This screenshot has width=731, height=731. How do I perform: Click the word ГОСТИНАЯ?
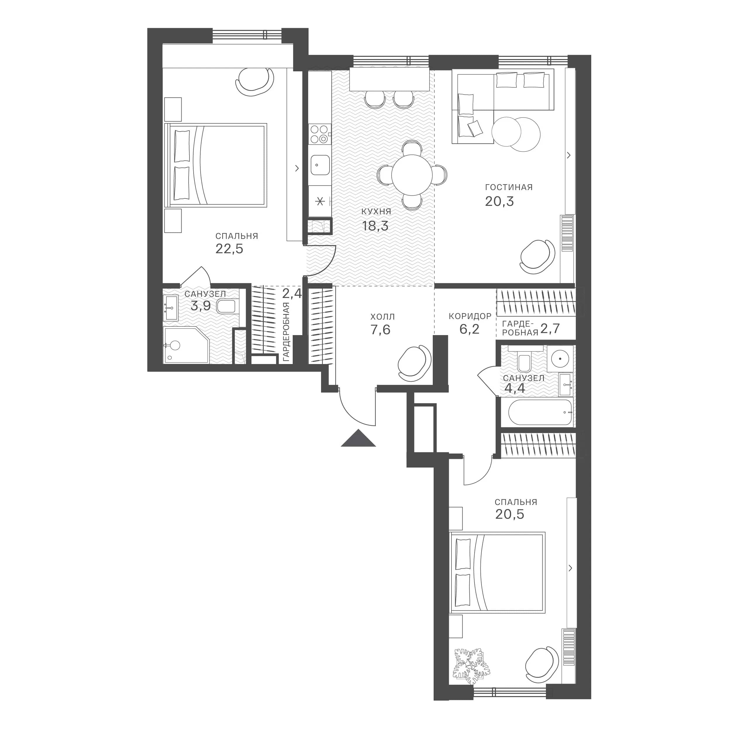tap(509, 187)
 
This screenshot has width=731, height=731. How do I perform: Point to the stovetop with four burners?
tap(320, 134)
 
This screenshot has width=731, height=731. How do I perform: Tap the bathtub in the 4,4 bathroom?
tap(540, 412)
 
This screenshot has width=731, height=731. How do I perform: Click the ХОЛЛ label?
tap(382, 316)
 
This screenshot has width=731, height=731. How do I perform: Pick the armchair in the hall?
tap(415, 363)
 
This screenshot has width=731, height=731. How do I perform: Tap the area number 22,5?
tap(229, 249)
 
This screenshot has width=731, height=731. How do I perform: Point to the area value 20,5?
tap(510, 514)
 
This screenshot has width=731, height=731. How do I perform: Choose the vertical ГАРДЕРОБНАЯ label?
tap(286, 332)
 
